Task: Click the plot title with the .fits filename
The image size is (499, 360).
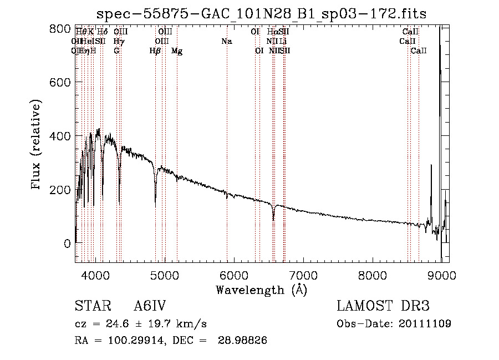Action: click(x=262, y=14)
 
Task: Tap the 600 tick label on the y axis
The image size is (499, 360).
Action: click(x=63, y=82)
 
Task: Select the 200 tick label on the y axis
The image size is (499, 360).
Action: click(x=63, y=190)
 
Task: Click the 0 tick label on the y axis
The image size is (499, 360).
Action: click(x=67, y=244)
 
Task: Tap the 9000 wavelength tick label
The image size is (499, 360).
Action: click(x=442, y=275)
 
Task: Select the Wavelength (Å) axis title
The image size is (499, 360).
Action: click(x=262, y=290)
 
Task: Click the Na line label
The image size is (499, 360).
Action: click(x=226, y=42)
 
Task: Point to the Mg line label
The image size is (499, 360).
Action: click(x=177, y=51)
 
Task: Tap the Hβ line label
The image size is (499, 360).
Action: click(x=155, y=51)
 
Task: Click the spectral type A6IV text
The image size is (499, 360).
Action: click(x=150, y=306)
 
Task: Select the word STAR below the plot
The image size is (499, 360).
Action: click(x=92, y=306)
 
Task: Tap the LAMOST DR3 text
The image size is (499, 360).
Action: click(x=383, y=306)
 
